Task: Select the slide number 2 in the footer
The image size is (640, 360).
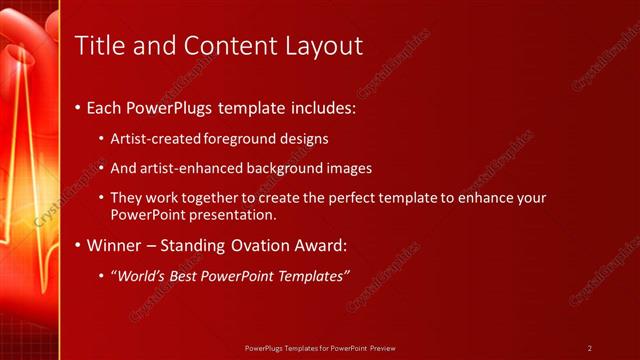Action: click(x=590, y=348)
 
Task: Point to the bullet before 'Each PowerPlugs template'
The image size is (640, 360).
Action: click(x=79, y=106)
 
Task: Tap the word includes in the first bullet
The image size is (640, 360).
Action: click(x=320, y=106)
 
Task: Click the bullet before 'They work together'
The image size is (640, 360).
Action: click(x=103, y=198)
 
